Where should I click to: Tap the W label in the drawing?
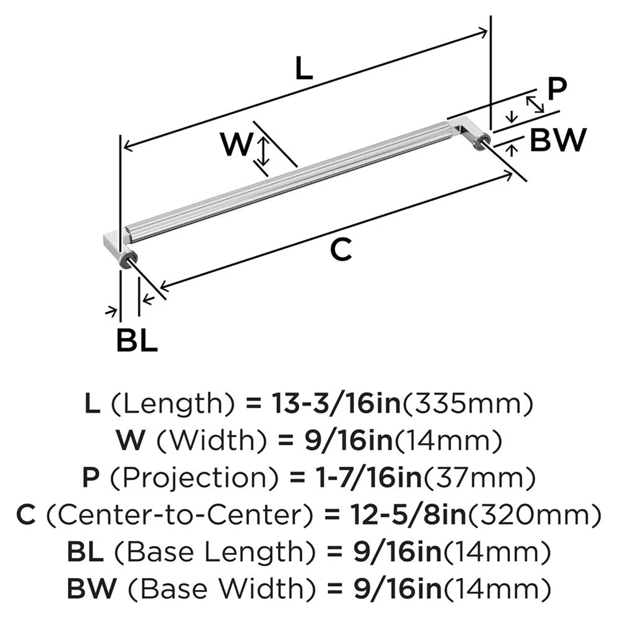pyautogui.click(x=237, y=146)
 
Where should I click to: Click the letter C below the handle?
pyautogui.click(x=341, y=250)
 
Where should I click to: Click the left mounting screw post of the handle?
pyautogui.click(x=127, y=261)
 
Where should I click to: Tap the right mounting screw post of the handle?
pyautogui.click(x=480, y=146)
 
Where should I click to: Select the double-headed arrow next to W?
pyautogui.click(x=264, y=152)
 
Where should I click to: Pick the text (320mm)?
pyautogui.click(x=535, y=514)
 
